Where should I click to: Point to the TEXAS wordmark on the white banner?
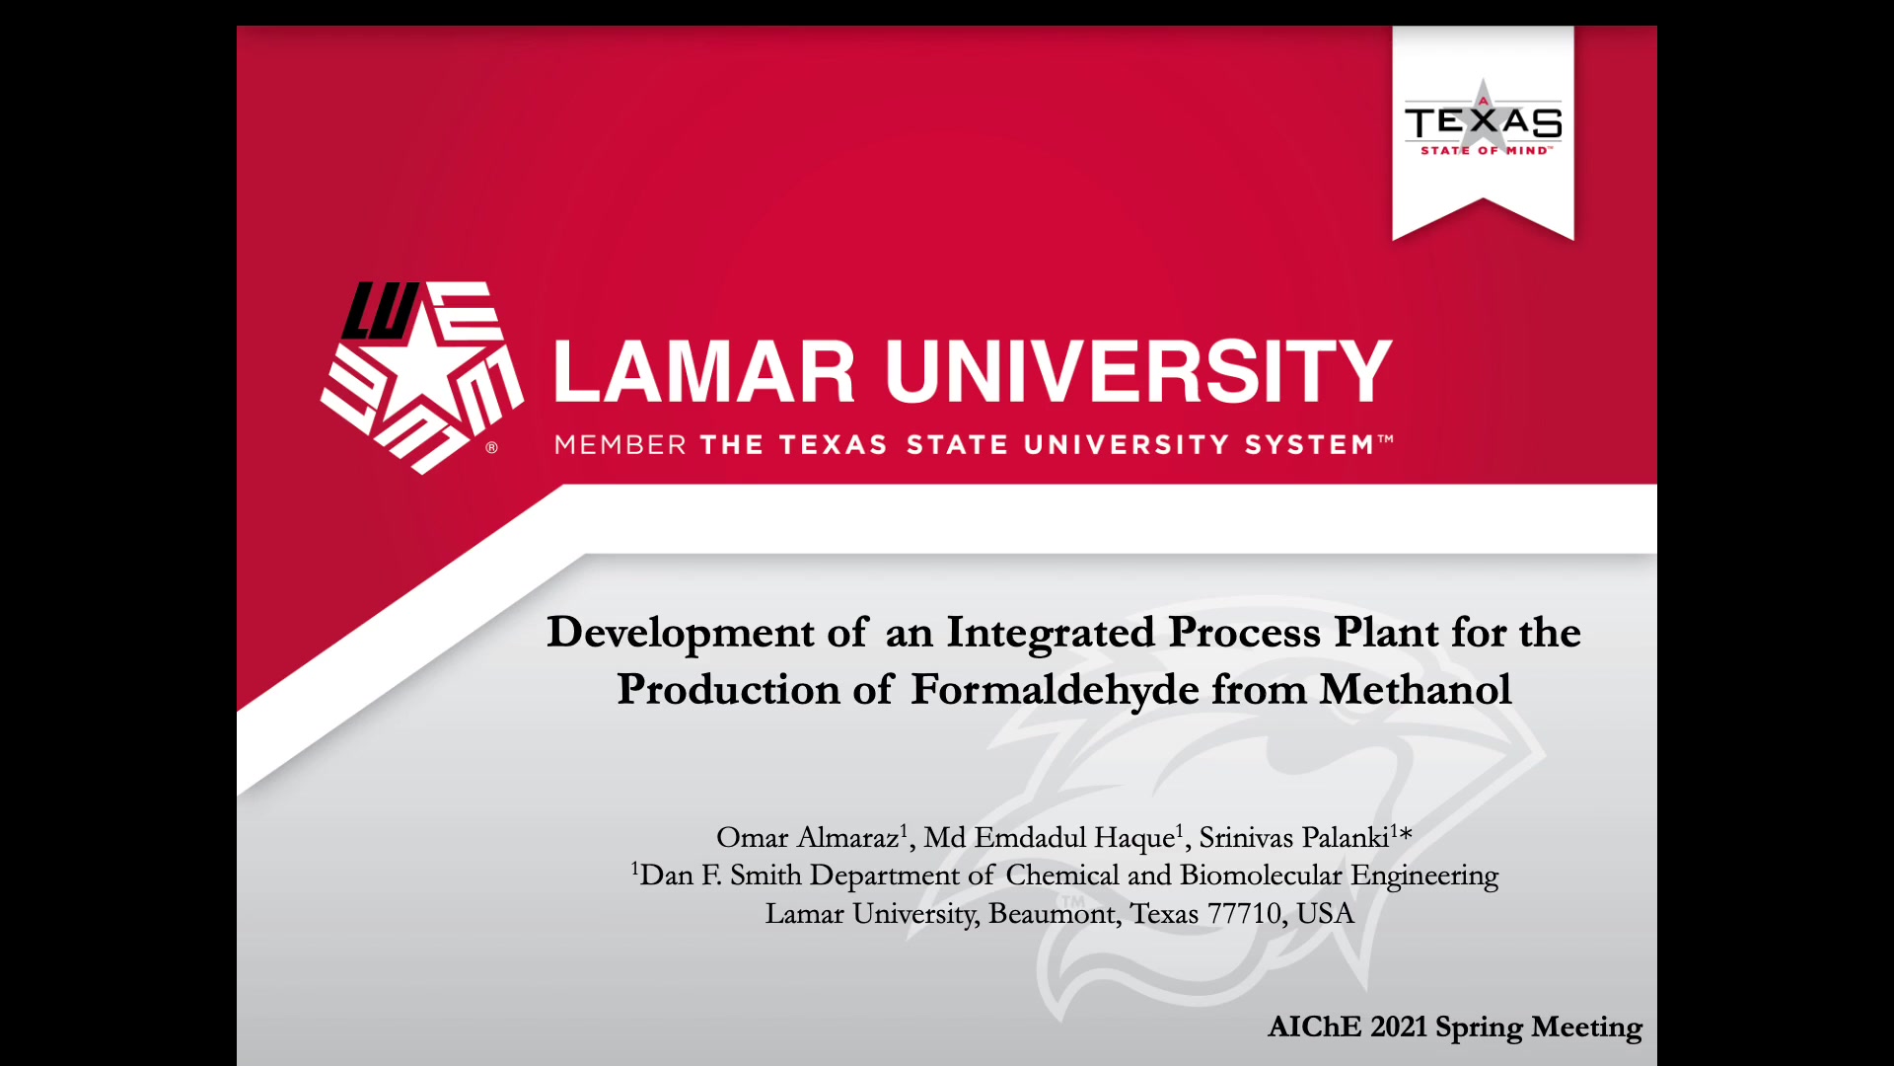click(1483, 122)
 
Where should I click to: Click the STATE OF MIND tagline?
click(1486, 150)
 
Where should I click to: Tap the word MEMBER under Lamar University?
click(620, 445)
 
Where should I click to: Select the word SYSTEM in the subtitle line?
click(1309, 445)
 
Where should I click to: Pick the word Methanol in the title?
click(1416, 689)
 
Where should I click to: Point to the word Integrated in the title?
click(1051, 634)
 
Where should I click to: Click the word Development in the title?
click(681, 634)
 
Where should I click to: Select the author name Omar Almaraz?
click(808, 837)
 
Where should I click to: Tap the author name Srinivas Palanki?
click(1294, 837)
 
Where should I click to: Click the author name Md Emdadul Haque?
click(1050, 837)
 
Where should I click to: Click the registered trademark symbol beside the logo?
click(491, 448)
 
